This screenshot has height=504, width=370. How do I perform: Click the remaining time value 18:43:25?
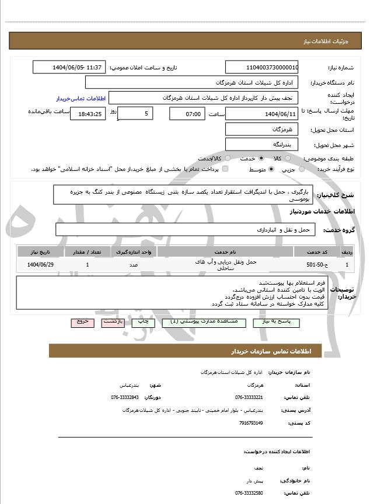tap(88, 114)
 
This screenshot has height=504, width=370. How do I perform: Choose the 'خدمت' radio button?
tap(260, 159)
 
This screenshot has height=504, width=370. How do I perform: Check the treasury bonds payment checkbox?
tap(226, 169)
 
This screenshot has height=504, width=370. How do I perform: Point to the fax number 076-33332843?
tap(125, 397)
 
